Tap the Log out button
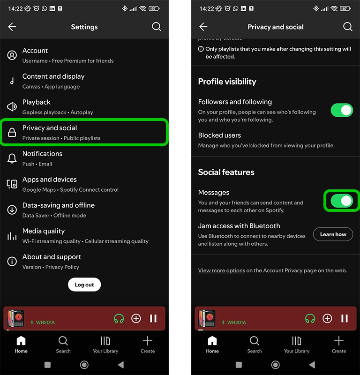pos(84,285)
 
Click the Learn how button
pos(333,234)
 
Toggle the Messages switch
pos(341,201)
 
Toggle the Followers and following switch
pos(341,110)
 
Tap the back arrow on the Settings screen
pos(12,27)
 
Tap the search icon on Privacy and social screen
pos(347,27)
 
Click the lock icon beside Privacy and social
pos(12,133)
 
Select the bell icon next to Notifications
pos(12,158)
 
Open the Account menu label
pos(35,51)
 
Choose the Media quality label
pos(44,231)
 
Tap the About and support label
pos(52,257)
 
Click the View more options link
pos(221,270)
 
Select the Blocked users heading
pos(219,135)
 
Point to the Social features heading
pos(226,172)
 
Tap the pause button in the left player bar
pos(153,319)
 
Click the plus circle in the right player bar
pos(327,319)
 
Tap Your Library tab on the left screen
pos(105,344)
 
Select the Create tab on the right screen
pos(338,344)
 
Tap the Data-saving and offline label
pos(59,205)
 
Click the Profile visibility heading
pos(227,82)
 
